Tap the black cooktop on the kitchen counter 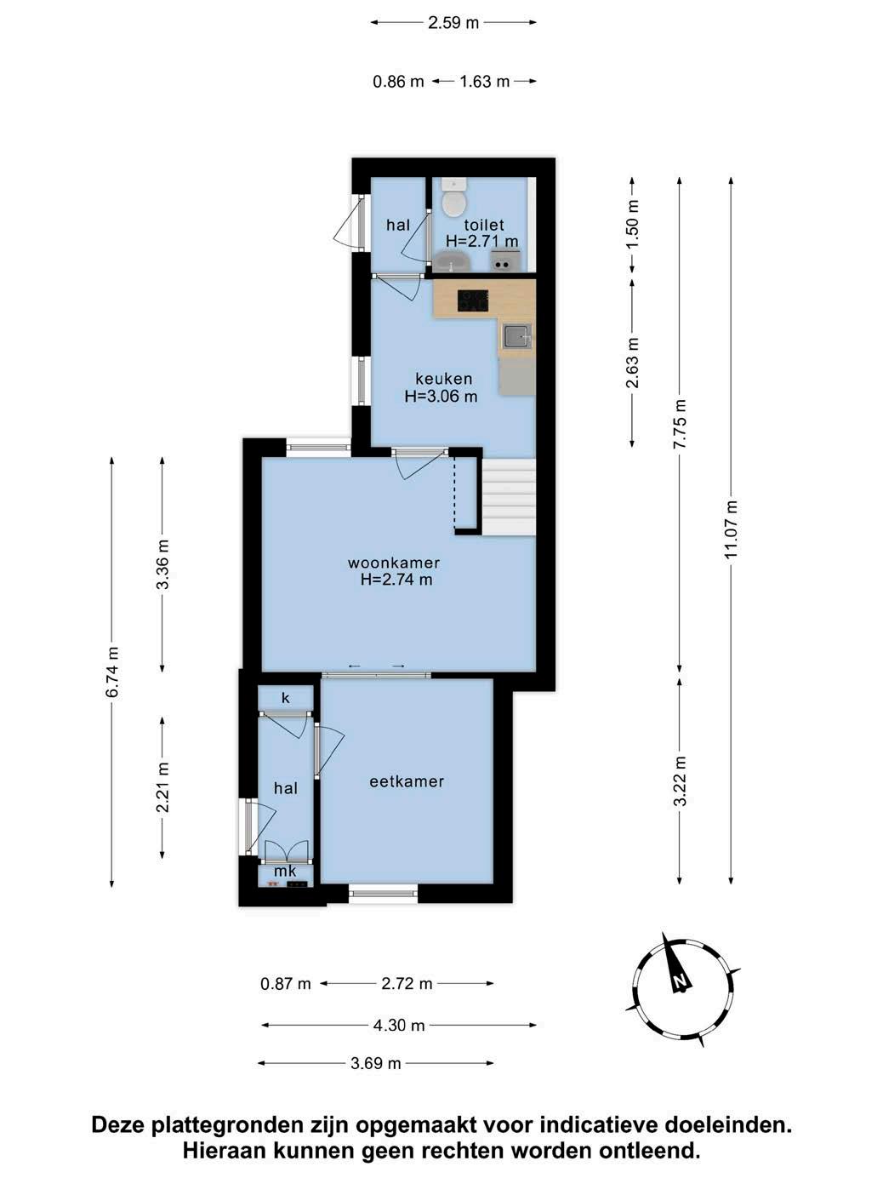coord(472,300)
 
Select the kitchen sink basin coord(516,336)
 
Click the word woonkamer coord(394,563)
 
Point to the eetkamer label coord(407,781)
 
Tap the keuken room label coord(443,379)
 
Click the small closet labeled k coord(285,698)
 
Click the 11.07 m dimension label coord(732,529)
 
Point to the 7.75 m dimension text coord(680,424)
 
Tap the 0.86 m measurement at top coord(398,82)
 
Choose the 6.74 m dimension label coord(112,672)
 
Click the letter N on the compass coord(680,980)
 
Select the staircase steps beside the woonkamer coord(509,496)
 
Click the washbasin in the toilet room coord(452,261)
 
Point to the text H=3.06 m coord(441,397)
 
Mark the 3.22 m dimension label coord(680,781)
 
